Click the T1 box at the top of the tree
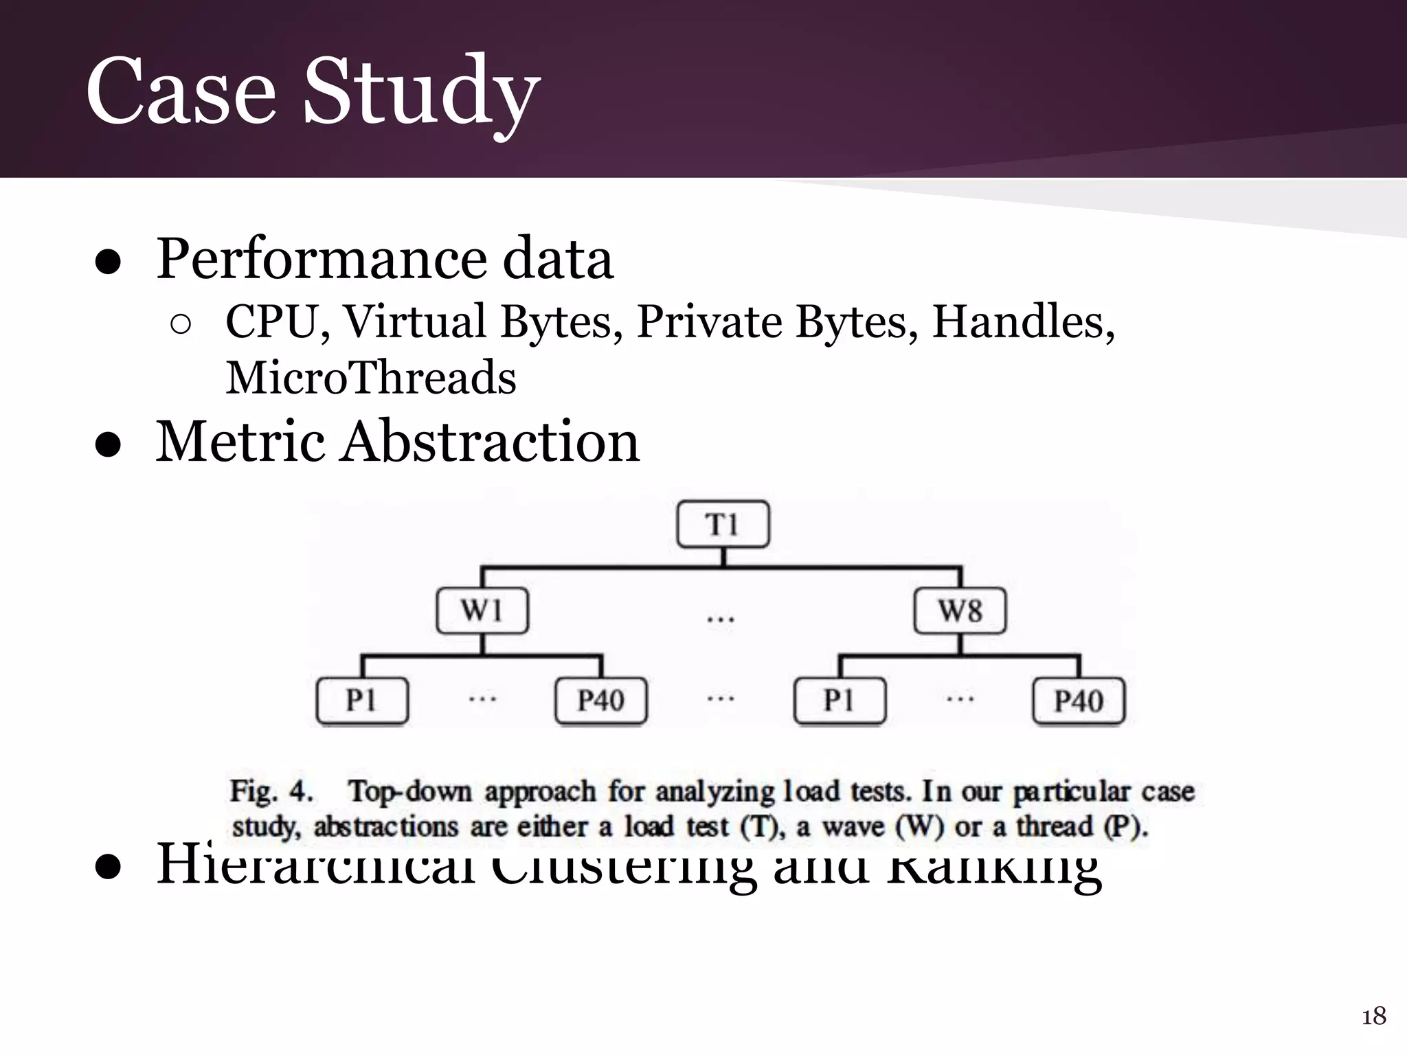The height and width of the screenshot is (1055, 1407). click(x=723, y=525)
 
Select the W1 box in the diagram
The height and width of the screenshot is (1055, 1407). click(x=482, y=611)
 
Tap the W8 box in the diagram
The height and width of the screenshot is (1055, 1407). click(x=960, y=611)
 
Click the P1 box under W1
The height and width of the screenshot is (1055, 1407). click(x=362, y=701)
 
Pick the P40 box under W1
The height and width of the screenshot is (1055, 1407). click(x=601, y=701)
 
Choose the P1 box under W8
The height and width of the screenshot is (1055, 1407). click(x=840, y=701)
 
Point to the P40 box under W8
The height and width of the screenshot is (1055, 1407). click(x=1079, y=701)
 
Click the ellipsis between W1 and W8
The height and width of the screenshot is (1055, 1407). click(x=721, y=619)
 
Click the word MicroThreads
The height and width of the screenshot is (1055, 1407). click(x=371, y=378)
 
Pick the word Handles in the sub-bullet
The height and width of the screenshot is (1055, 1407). click(x=1022, y=321)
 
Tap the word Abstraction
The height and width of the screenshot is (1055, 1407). click(x=491, y=441)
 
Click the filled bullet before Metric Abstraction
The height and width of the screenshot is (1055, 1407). click(x=109, y=445)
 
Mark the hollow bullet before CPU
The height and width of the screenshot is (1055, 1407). click(x=180, y=325)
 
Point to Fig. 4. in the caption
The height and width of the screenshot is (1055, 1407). click(x=271, y=791)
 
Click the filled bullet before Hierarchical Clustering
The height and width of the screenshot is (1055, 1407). click(x=109, y=867)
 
